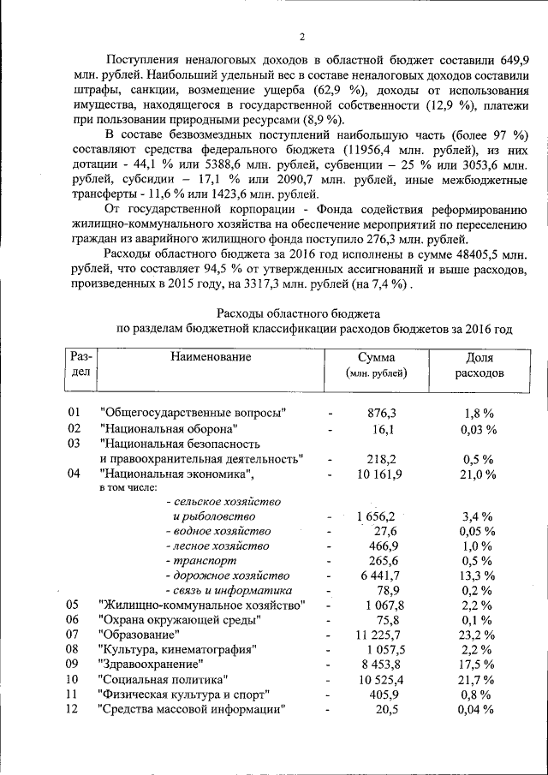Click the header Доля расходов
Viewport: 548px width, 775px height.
479,366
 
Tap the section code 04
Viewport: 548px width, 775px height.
74,474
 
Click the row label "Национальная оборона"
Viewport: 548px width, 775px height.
169,428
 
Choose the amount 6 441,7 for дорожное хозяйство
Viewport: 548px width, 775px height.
377,575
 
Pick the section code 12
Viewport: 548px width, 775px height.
74,708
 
